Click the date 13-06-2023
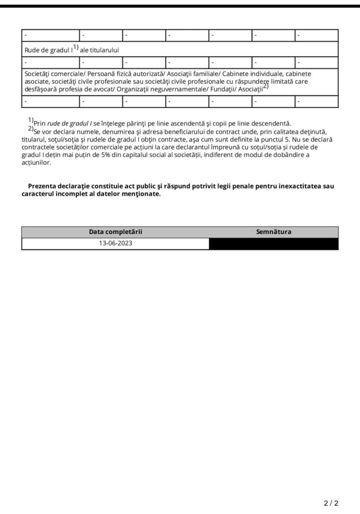115,243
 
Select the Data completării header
115,232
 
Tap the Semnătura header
274,232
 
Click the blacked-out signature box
274,243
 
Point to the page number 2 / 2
331,502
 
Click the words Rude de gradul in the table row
48,50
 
